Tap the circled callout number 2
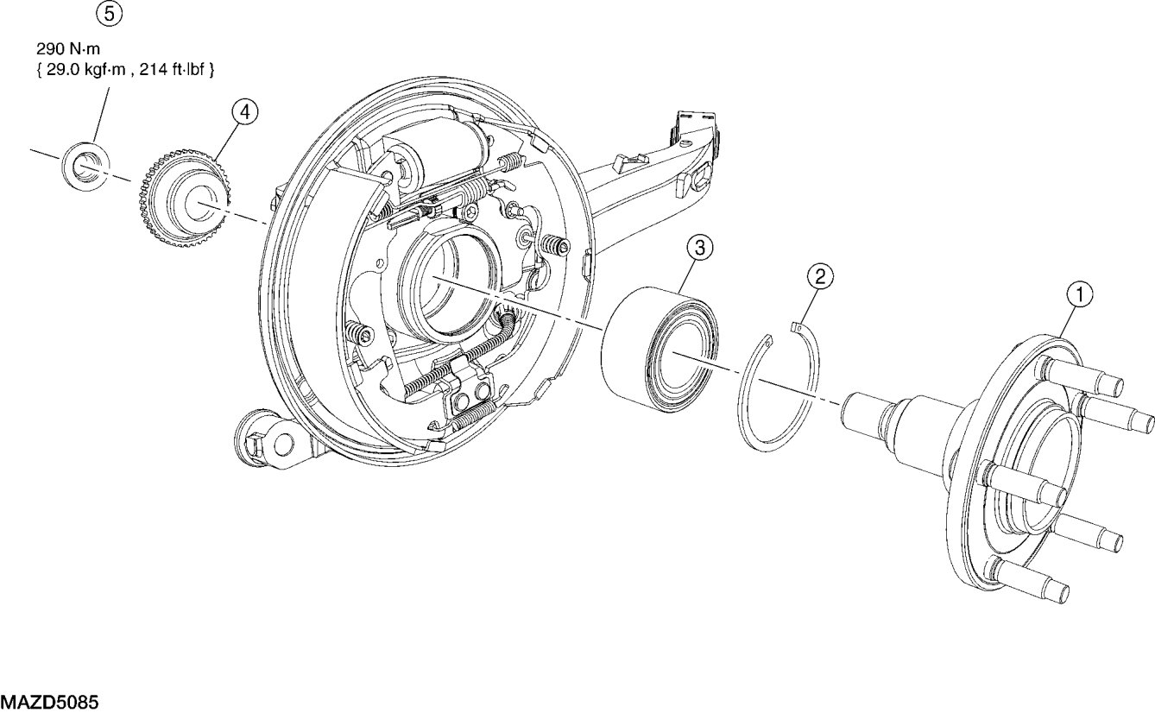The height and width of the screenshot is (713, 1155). click(x=820, y=276)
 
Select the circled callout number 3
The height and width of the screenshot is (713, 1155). click(x=700, y=249)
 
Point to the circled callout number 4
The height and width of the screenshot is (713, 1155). click(x=244, y=112)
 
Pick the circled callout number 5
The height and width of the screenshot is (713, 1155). click(x=110, y=14)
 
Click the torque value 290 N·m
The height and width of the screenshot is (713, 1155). click(x=68, y=49)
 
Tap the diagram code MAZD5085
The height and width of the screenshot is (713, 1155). click(x=49, y=702)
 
